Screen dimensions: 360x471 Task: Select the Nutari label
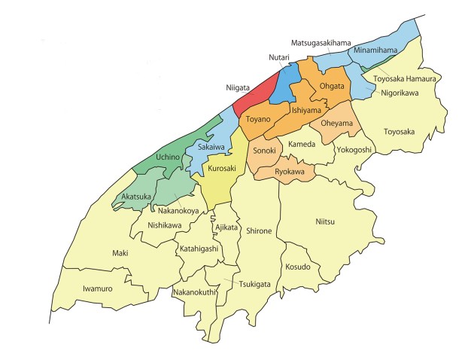coord(279,57)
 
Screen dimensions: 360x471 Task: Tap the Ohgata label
coord(332,86)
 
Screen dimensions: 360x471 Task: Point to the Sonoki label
coord(264,151)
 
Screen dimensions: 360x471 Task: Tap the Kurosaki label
coord(222,169)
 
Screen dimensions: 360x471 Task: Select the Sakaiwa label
coord(211,147)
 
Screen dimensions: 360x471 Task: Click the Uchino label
coord(168,157)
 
